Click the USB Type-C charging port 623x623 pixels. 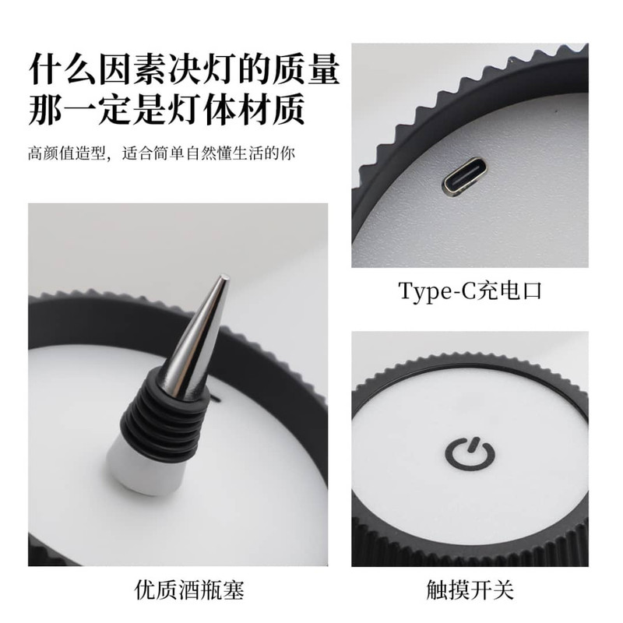463,177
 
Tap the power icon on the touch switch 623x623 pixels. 470,454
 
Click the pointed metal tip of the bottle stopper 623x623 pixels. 225,276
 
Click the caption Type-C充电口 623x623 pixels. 470,290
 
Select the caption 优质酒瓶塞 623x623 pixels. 189,590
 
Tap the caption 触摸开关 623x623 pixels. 470,590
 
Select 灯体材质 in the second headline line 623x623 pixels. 237,109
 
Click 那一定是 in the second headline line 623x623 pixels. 98,109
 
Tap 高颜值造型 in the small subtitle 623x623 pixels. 66,153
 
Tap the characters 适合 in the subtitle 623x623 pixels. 138,153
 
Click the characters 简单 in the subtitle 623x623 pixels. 169,153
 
